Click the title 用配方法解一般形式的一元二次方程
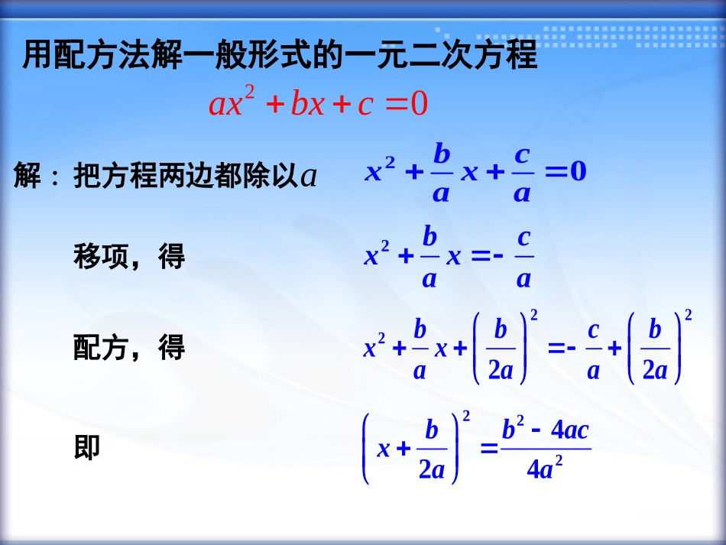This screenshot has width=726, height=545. click(280, 57)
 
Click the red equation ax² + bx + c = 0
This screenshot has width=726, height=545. click(318, 104)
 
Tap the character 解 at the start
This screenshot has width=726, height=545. click(28, 177)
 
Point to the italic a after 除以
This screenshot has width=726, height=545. click(309, 177)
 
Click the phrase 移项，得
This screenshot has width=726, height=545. click(129, 257)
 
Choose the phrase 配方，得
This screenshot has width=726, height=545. click(129, 349)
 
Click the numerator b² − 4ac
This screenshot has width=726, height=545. click(545, 430)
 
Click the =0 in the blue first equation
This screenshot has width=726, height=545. click(566, 172)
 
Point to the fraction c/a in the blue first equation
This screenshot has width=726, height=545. click(522, 174)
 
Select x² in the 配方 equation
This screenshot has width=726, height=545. click(375, 348)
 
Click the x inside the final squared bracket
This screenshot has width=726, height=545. click(384, 449)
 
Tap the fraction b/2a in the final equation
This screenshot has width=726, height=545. click(432, 449)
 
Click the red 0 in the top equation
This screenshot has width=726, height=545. click(419, 104)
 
